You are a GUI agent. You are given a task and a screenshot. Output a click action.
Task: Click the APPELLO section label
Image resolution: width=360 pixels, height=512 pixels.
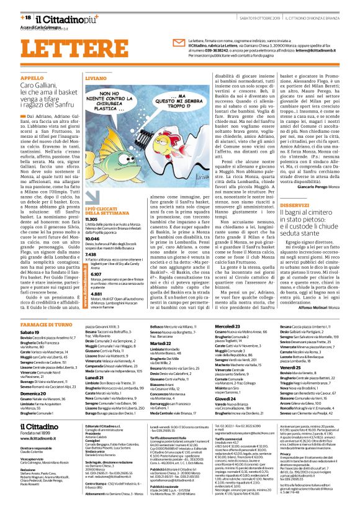[31, 78]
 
